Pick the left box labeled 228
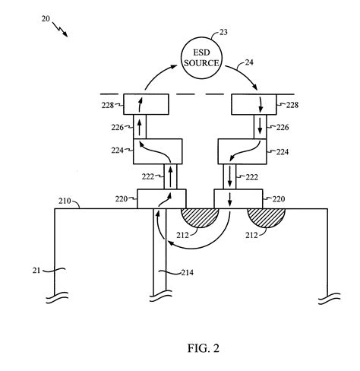[x=147, y=105]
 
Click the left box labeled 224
[x=157, y=152]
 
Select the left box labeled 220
[x=157, y=199]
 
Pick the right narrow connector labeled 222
[x=228, y=176]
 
